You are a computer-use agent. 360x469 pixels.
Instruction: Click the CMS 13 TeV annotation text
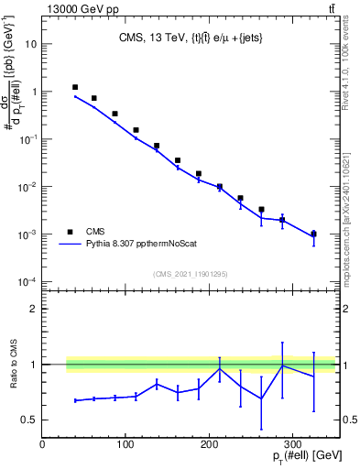coord(189,38)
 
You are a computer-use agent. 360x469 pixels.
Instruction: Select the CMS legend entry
coord(95,232)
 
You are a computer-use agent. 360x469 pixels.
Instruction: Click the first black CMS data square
coord(75,88)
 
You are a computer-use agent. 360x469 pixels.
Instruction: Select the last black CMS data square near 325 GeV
coord(313,234)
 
